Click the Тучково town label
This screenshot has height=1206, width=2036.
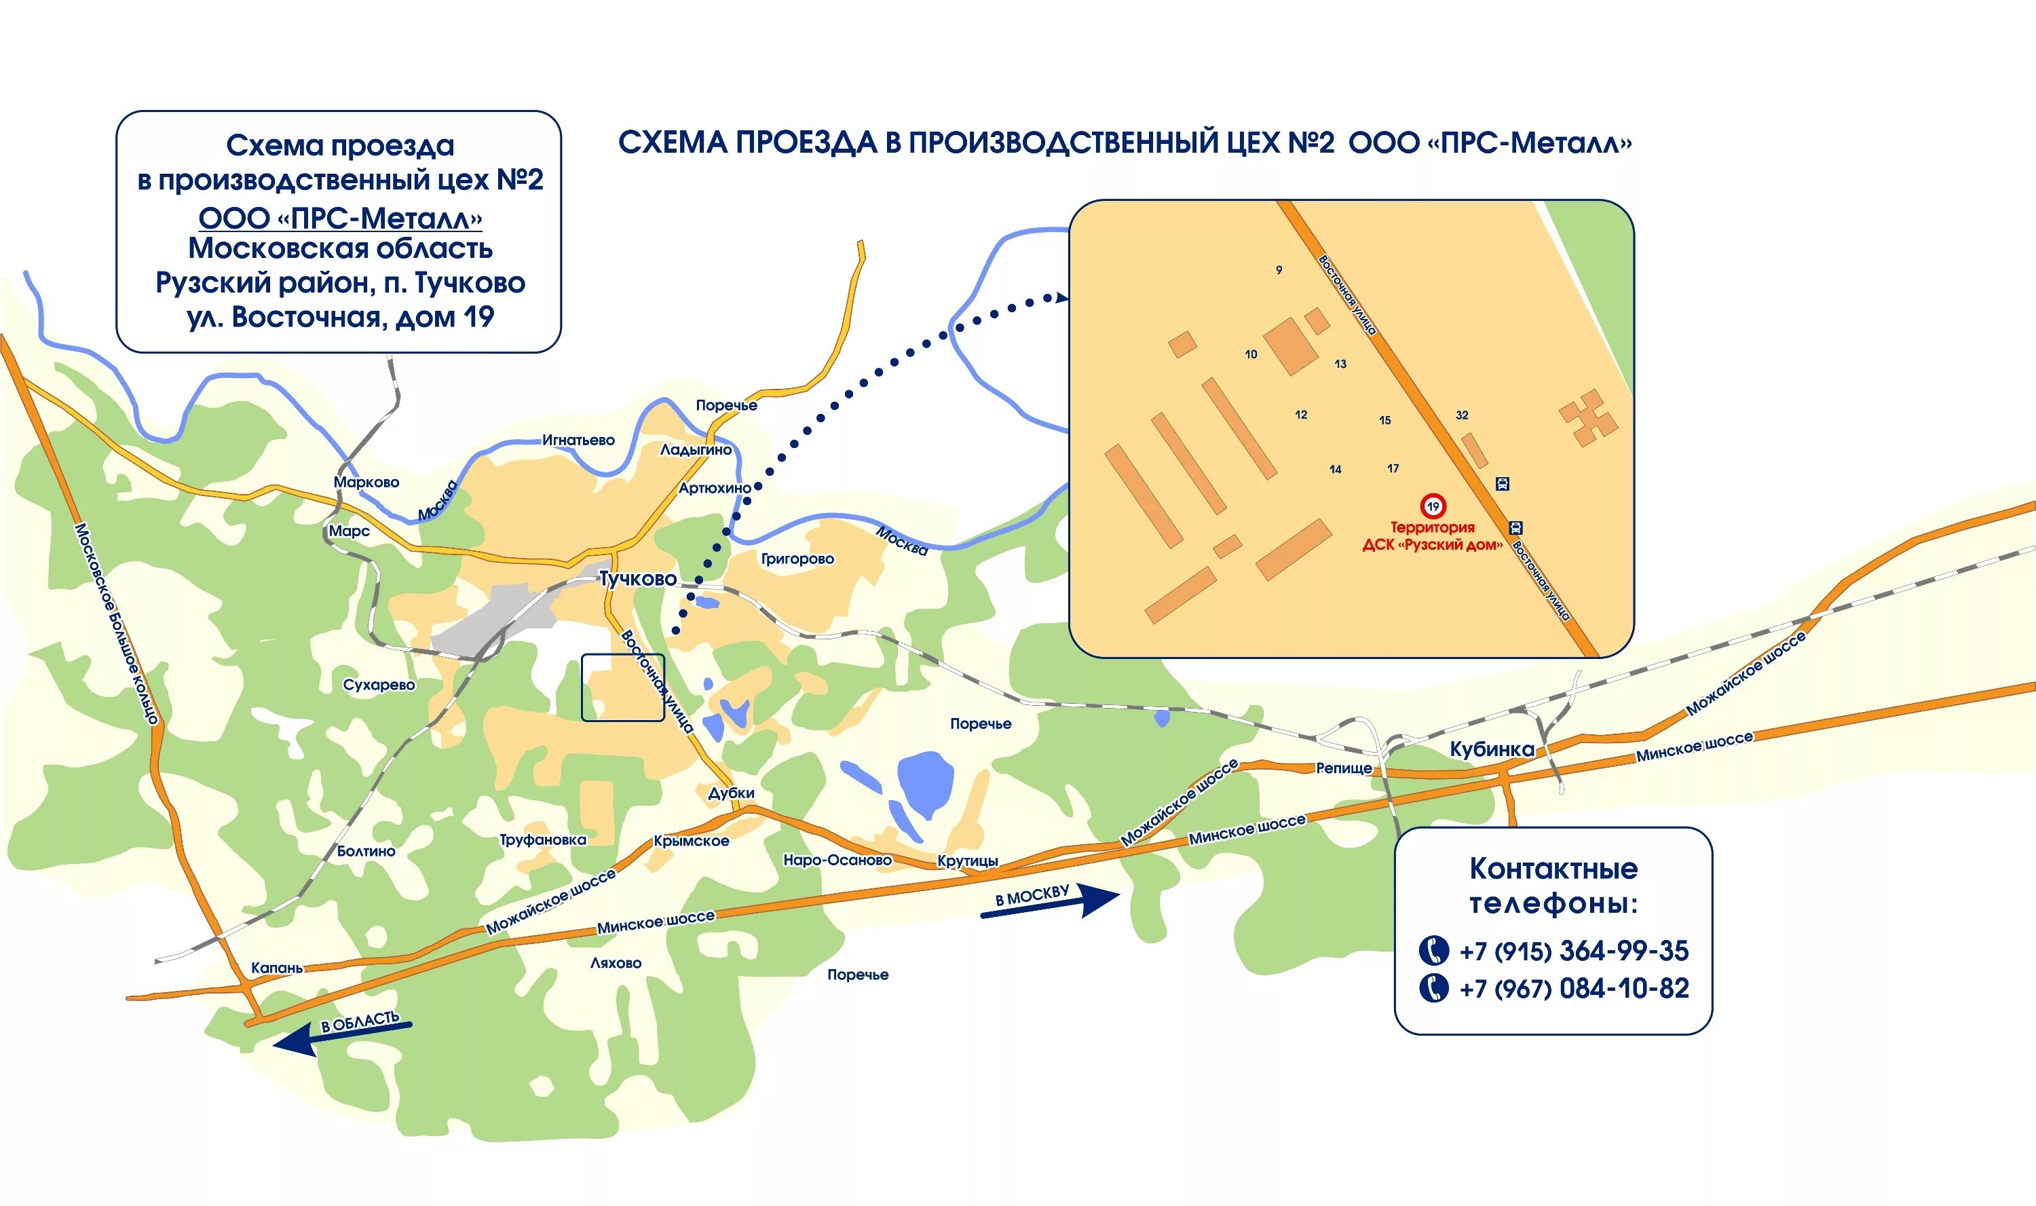[x=638, y=579]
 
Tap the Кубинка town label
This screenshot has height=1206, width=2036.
[x=1492, y=749]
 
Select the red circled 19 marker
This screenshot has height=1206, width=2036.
[x=1433, y=506]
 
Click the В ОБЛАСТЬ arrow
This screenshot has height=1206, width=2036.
[x=341, y=1032]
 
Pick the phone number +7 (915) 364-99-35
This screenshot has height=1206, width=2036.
[x=1573, y=951]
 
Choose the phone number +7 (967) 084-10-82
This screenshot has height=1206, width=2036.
[x=1573, y=989]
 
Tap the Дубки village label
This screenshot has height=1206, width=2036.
[x=731, y=793]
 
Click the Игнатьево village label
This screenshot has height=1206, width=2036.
[x=578, y=440]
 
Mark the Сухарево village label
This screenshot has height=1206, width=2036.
[x=379, y=685]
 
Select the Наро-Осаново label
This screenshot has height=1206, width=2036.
[x=837, y=860]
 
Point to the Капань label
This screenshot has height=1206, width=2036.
[x=276, y=968]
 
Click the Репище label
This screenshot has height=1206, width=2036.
[x=1344, y=768]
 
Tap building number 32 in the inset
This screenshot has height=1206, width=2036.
[x=1462, y=415]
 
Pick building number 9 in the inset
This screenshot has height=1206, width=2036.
[x=1279, y=270]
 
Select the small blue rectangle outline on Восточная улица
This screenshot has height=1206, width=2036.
[x=622, y=687]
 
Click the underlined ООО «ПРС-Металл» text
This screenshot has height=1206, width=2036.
[x=341, y=219]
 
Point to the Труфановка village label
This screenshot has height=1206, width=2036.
[x=543, y=840]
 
